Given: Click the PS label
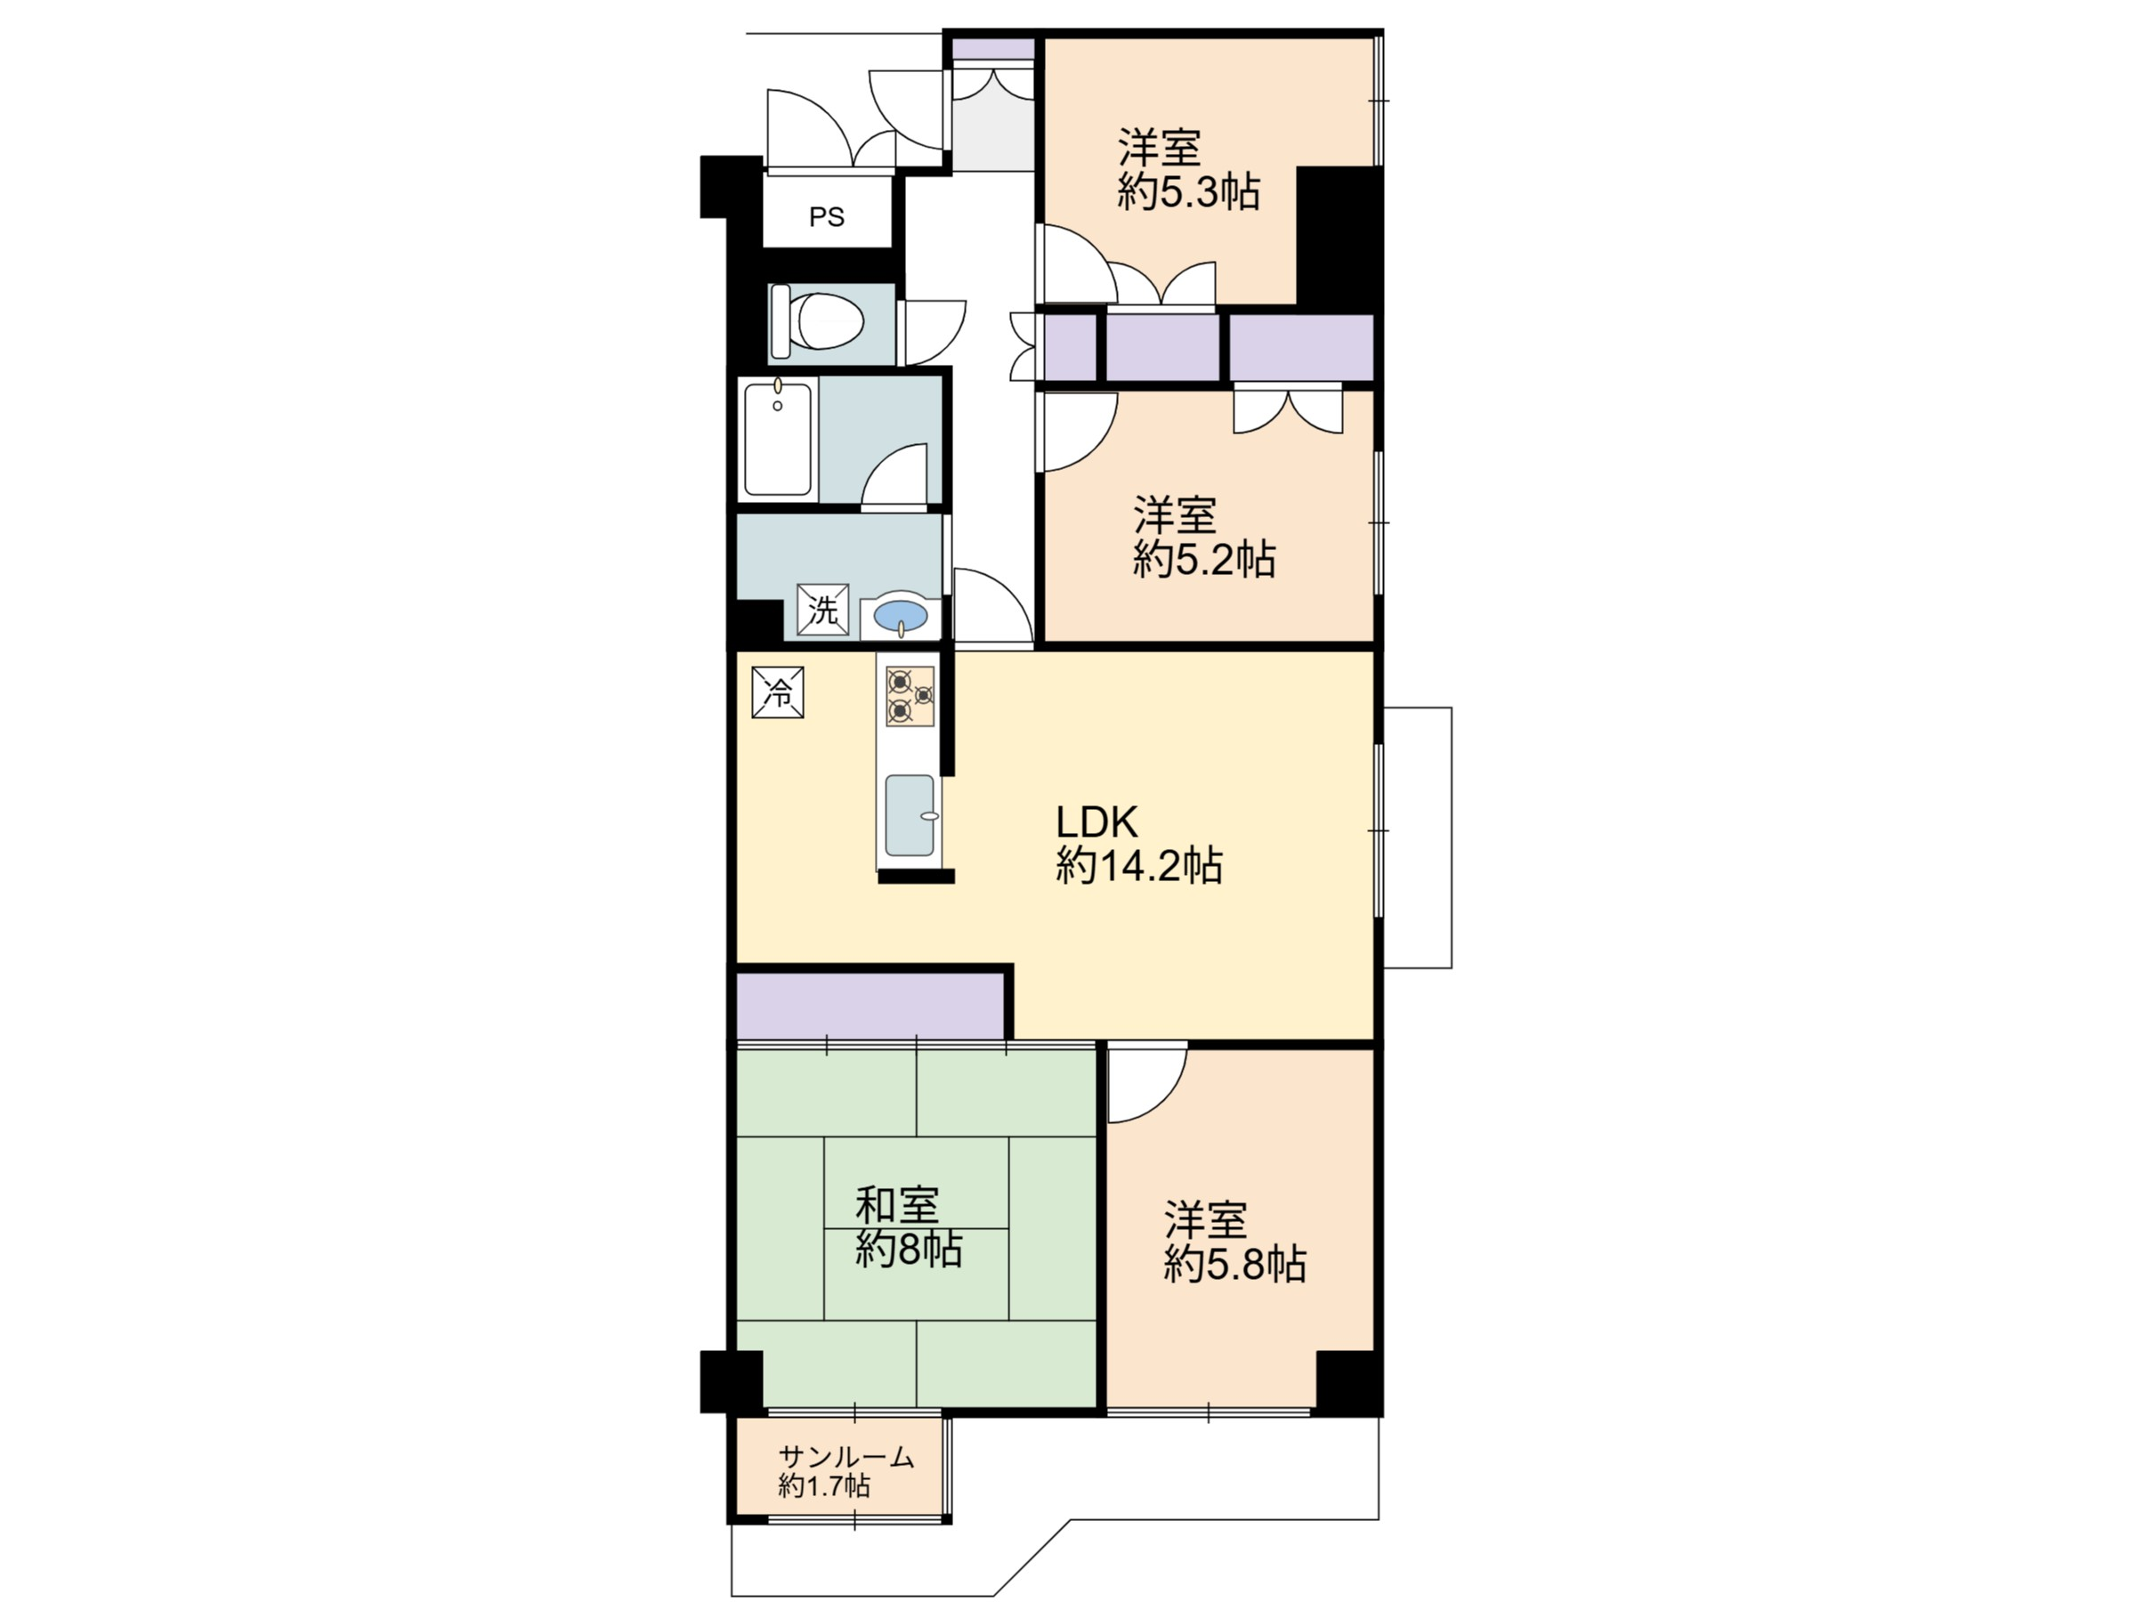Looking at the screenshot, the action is pos(827,217).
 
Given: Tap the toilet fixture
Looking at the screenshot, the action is pos(816,321).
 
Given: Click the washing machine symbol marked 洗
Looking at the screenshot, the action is pos(822,611).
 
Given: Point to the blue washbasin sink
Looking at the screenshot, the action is pos(900,614).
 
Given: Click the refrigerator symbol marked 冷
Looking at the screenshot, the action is pos(777,692).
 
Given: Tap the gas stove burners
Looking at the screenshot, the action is pos(910,696).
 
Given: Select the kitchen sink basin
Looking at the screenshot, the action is pos(910,815).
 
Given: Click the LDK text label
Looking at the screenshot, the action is pos(1097,821).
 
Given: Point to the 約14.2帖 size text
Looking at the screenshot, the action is pos(1139,865).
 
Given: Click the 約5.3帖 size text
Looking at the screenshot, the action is pos(1189,193).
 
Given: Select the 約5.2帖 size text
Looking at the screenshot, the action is pos(1204,559).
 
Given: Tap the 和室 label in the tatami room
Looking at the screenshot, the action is pos(897,1206).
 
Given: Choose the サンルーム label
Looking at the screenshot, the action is pos(847,1457).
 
